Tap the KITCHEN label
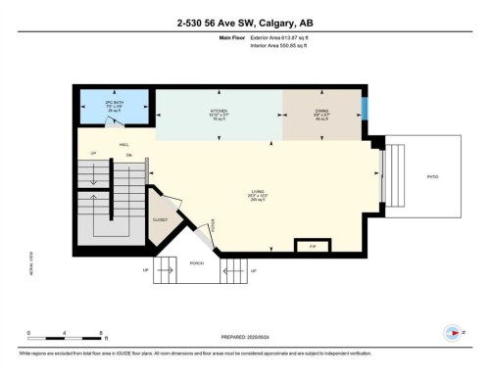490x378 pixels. [x=218, y=113]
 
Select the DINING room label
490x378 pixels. [x=321, y=113]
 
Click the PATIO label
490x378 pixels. [x=431, y=176]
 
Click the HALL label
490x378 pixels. [x=124, y=145]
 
